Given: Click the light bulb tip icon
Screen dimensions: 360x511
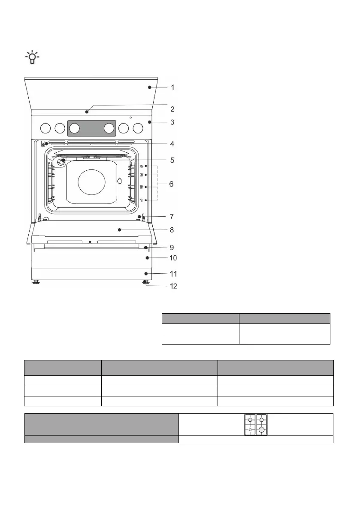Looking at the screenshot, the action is [x=32, y=57].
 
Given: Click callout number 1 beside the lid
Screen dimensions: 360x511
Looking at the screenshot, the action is [x=172, y=88].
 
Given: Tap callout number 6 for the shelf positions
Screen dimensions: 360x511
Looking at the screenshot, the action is [x=171, y=184].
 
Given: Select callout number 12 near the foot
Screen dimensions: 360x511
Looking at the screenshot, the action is [x=173, y=286].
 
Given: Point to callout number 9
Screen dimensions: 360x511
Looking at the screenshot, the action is [x=172, y=248].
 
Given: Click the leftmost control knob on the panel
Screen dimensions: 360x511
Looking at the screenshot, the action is [x=45, y=128].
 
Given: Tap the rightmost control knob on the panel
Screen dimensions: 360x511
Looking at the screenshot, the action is [x=138, y=128].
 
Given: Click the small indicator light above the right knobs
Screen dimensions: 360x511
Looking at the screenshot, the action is [x=130, y=117].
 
